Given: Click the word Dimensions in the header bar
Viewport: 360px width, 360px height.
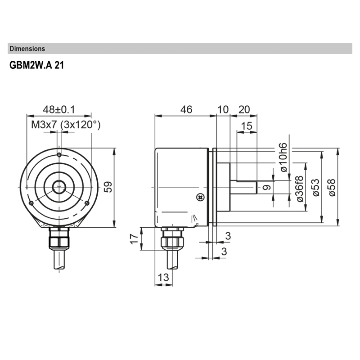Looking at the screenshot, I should pos(27,49).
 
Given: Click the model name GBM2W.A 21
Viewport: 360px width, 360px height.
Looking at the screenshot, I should pos(37,65).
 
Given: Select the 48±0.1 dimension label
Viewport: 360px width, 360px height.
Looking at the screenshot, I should pos(58,109).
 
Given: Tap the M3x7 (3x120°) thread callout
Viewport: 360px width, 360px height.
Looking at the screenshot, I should pos(66,125).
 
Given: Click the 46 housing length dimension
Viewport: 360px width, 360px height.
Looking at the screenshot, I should pos(186,109).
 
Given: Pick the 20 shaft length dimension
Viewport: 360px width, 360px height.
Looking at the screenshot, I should pos(243,109).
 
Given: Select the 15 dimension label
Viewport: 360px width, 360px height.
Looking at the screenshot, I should pos(247,126).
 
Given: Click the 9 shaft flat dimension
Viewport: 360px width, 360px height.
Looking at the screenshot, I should pos(266,187).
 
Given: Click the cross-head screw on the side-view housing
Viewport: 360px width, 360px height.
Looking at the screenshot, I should pos(200,197).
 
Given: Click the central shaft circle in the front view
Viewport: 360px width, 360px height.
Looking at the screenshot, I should pos(58,186).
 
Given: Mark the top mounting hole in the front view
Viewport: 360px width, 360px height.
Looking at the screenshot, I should pos(59,155).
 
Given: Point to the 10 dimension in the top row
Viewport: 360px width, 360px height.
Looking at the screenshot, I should pos(223,109).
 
